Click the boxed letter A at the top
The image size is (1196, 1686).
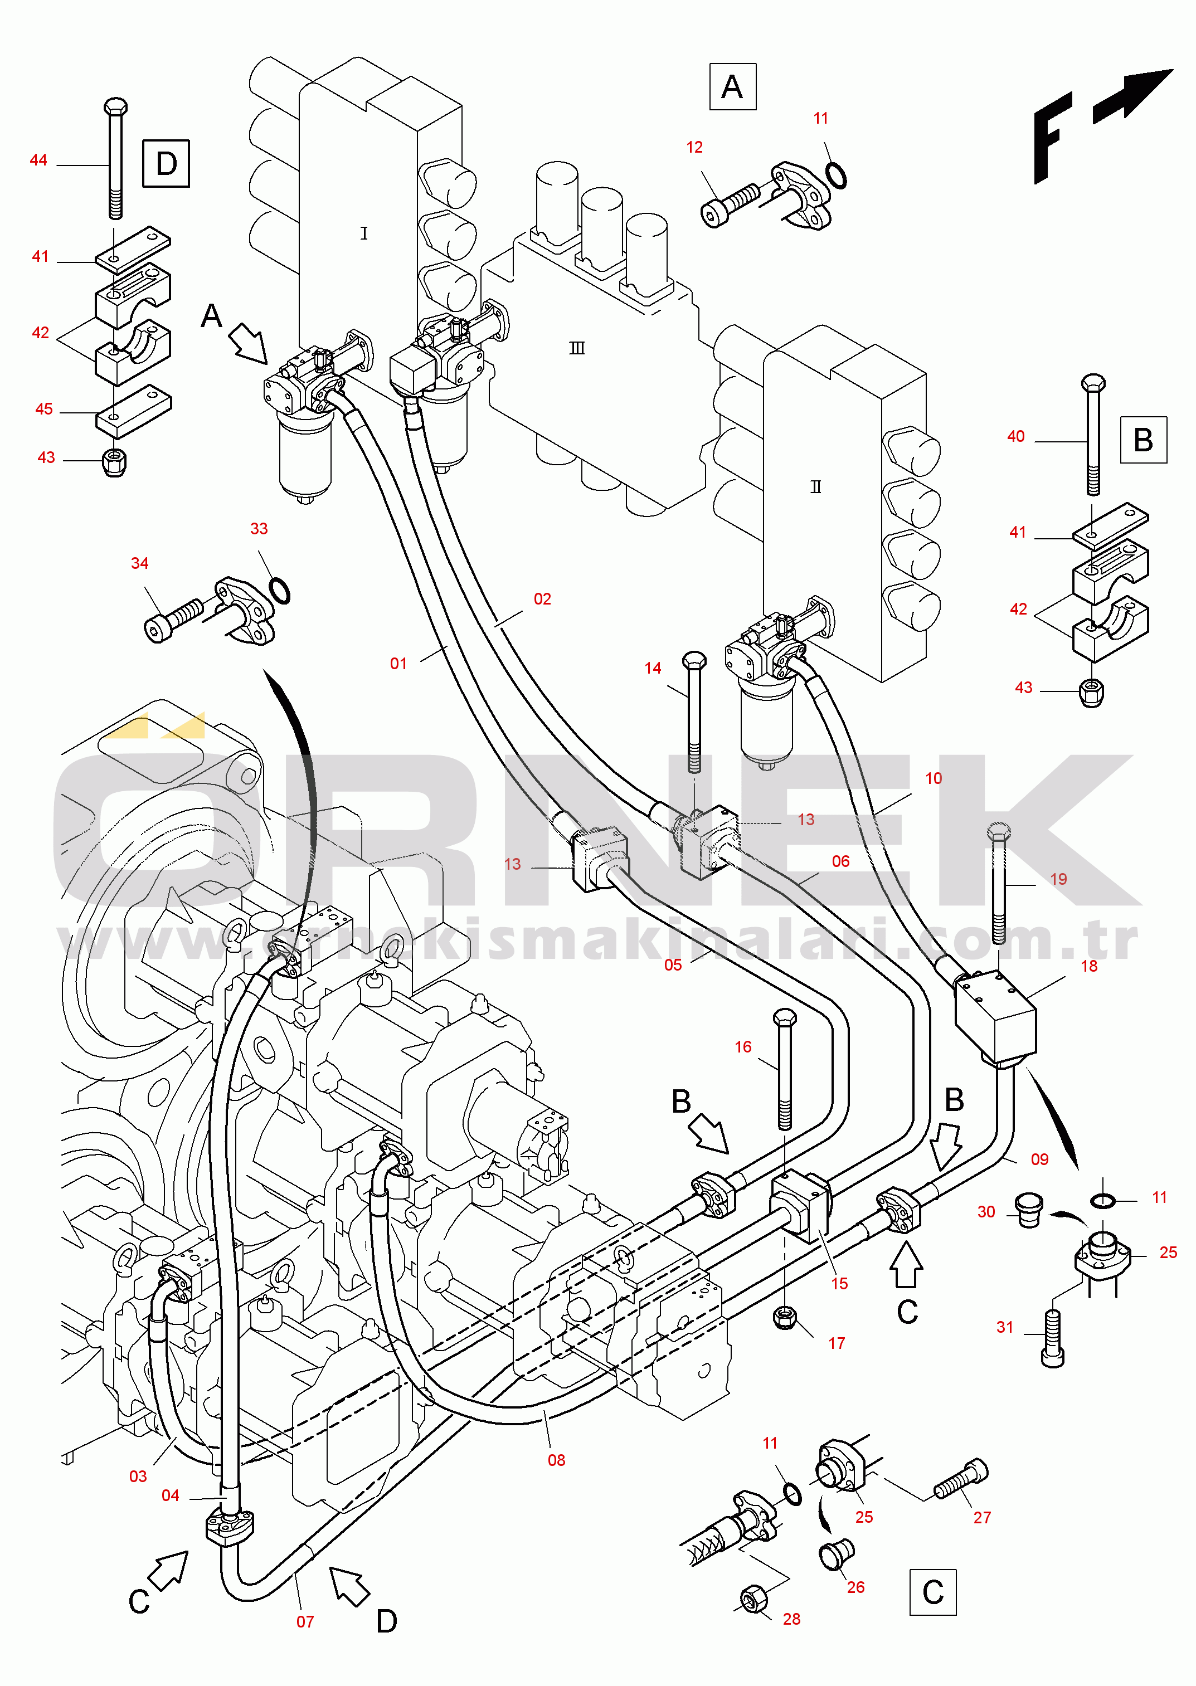click(x=732, y=87)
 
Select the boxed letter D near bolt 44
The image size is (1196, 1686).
click(x=166, y=163)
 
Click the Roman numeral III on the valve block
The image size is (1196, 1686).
click(x=577, y=348)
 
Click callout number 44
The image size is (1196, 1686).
click(x=38, y=160)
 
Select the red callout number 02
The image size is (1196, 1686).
click(x=542, y=598)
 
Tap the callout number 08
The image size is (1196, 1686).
click(x=556, y=1460)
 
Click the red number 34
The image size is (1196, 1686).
click(x=139, y=563)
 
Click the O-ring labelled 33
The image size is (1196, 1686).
click(x=279, y=591)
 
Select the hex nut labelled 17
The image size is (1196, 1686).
click(x=785, y=1317)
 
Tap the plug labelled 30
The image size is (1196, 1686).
click(x=1028, y=1210)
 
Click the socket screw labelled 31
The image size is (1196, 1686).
click(x=1053, y=1338)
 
